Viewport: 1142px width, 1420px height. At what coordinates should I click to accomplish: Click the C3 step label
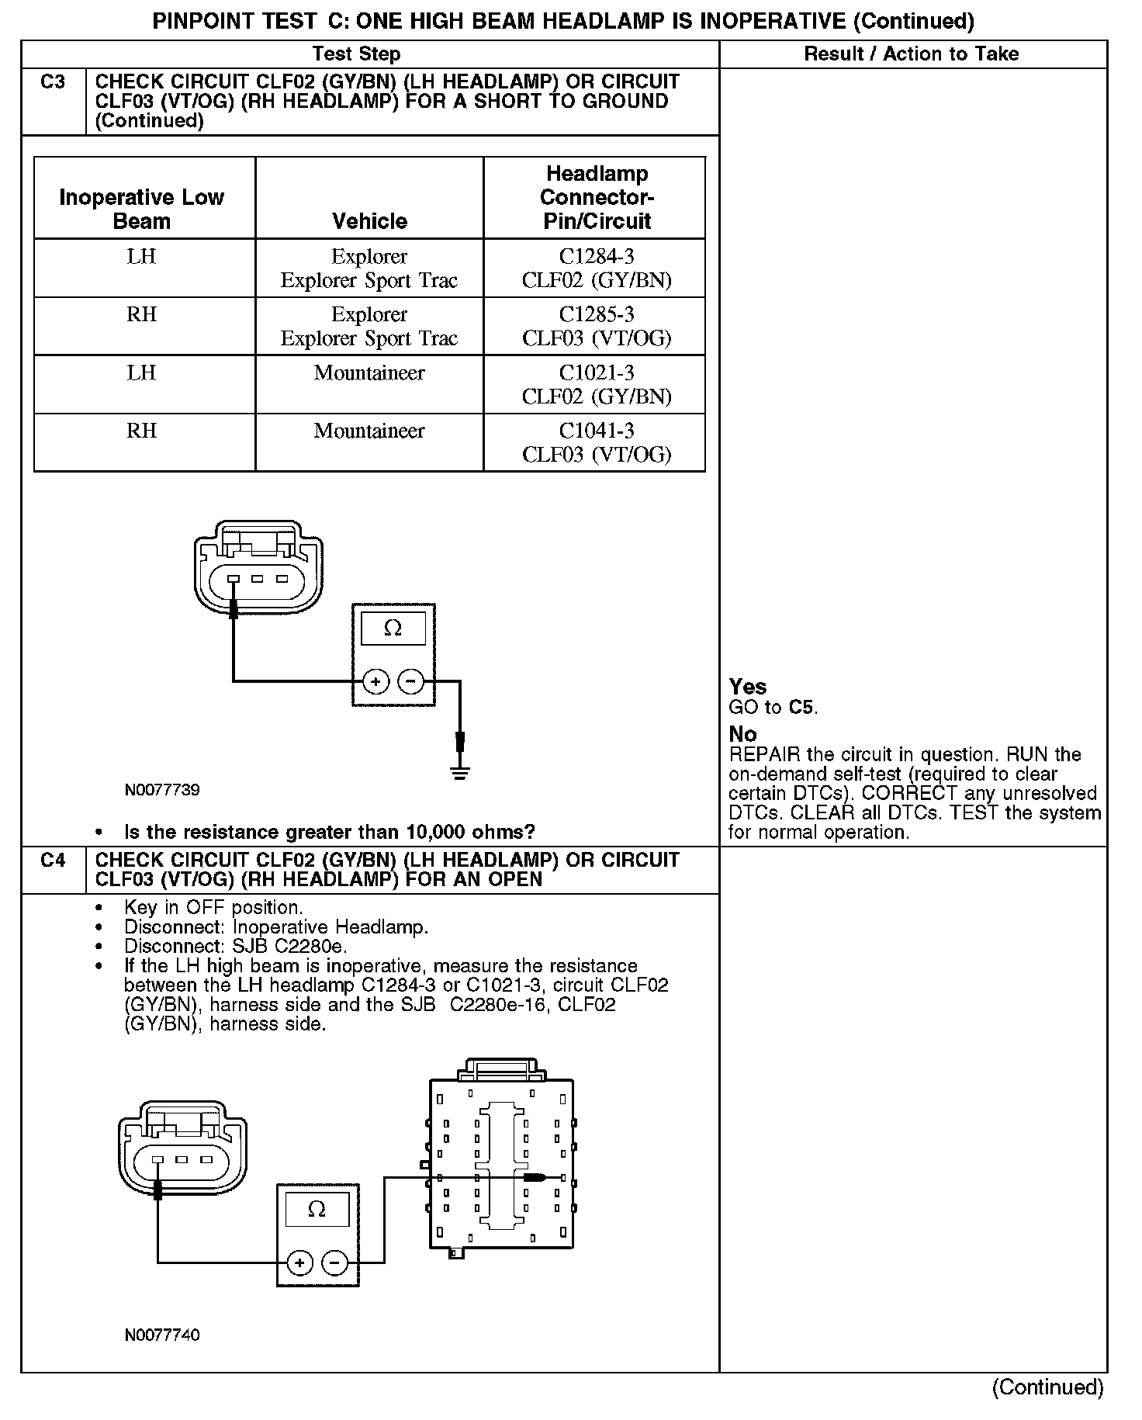pyautogui.click(x=53, y=82)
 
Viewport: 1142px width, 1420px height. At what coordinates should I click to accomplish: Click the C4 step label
pyautogui.click(x=53, y=861)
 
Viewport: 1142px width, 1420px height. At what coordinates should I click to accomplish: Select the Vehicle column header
pyautogui.click(x=369, y=221)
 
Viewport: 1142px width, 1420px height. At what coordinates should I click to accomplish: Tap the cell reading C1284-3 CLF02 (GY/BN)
pyautogui.click(x=596, y=268)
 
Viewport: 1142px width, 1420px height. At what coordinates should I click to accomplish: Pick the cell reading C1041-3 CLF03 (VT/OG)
pyautogui.click(x=596, y=443)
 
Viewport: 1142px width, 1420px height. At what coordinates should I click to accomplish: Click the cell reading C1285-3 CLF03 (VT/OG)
pyautogui.click(x=596, y=327)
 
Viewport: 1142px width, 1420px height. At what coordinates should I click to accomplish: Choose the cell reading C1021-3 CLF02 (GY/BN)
pyautogui.click(x=596, y=385)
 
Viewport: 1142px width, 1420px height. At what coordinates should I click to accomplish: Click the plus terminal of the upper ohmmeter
pyautogui.click(x=375, y=682)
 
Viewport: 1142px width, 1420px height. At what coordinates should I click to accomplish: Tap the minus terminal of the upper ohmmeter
pyautogui.click(x=410, y=682)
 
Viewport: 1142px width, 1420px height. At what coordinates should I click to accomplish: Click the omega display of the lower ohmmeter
pyautogui.click(x=317, y=1210)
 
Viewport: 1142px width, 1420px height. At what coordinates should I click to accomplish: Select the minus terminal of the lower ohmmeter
pyautogui.click(x=334, y=1263)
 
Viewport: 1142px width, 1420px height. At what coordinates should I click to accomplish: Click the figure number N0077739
pyautogui.click(x=162, y=790)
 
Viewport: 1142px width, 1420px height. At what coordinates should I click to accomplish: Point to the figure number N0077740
pyautogui.click(x=162, y=1335)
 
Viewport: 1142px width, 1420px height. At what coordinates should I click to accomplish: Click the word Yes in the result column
pyautogui.click(x=748, y=687)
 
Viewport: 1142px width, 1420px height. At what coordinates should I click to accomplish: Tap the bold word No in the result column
pyautogui.click(x=742, y=734)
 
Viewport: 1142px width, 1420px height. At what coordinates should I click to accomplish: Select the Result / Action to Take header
pyautogui.click(x=911, y=54)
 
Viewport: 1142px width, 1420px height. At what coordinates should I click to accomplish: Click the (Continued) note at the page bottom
pyautogui.click(x=1047, y=1387)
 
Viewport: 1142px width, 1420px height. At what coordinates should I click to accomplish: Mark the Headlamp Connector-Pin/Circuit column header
pyautogui.click(x=596, y=198)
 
